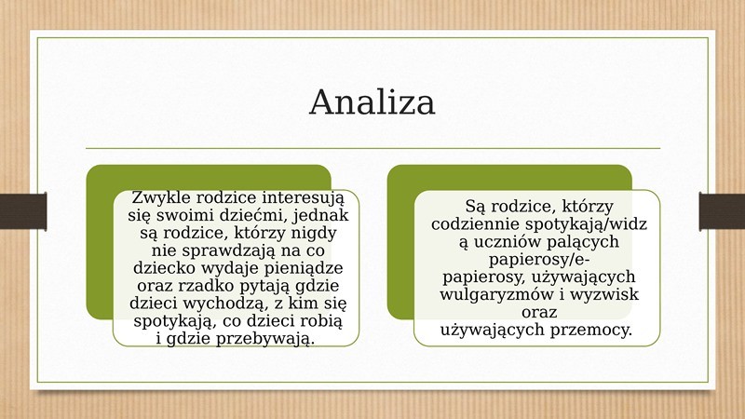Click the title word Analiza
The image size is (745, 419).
click(x=372, y=101)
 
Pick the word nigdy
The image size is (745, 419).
click(x=314, y=234)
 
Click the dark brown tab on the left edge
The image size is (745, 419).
click(x=23, y=211)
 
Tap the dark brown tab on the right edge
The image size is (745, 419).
click(x=722, y=211)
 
